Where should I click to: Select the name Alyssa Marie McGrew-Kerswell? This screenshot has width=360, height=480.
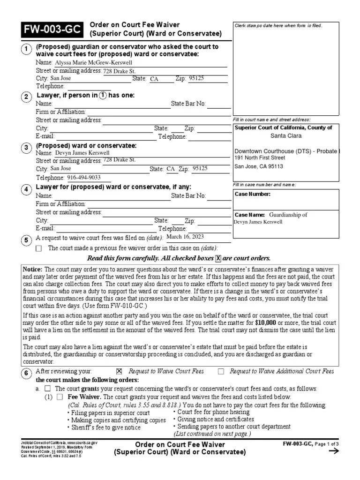point(94,62)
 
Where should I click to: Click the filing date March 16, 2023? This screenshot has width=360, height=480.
point(186,237)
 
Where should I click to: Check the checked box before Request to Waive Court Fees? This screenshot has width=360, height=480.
point(119,371)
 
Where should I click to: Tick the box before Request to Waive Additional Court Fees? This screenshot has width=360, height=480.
point(221,371)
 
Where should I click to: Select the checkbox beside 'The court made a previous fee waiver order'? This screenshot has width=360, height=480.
point(38,248)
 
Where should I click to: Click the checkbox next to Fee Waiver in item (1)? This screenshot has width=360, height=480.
point(60,397)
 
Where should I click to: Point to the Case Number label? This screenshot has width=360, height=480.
point(253,194)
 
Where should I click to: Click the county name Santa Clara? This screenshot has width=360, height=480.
point(286,136)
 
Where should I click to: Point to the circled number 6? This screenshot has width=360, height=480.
point(27,374)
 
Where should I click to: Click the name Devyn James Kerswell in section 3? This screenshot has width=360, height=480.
point(82,153)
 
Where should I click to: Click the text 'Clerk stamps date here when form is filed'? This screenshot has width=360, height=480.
point(278,25)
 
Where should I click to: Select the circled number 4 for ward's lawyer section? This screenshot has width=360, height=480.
point(27,189)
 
